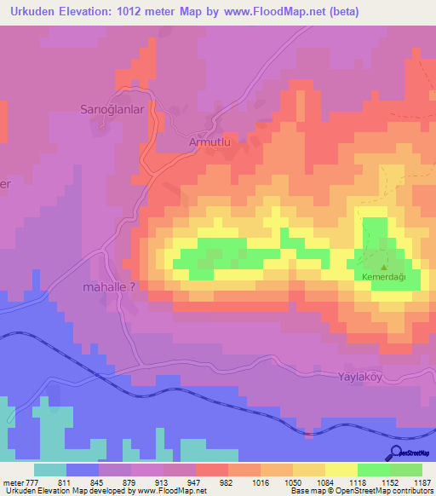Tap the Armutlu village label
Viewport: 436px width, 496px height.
(x=209, y=144)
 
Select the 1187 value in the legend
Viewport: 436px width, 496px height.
(x=414, y=482)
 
